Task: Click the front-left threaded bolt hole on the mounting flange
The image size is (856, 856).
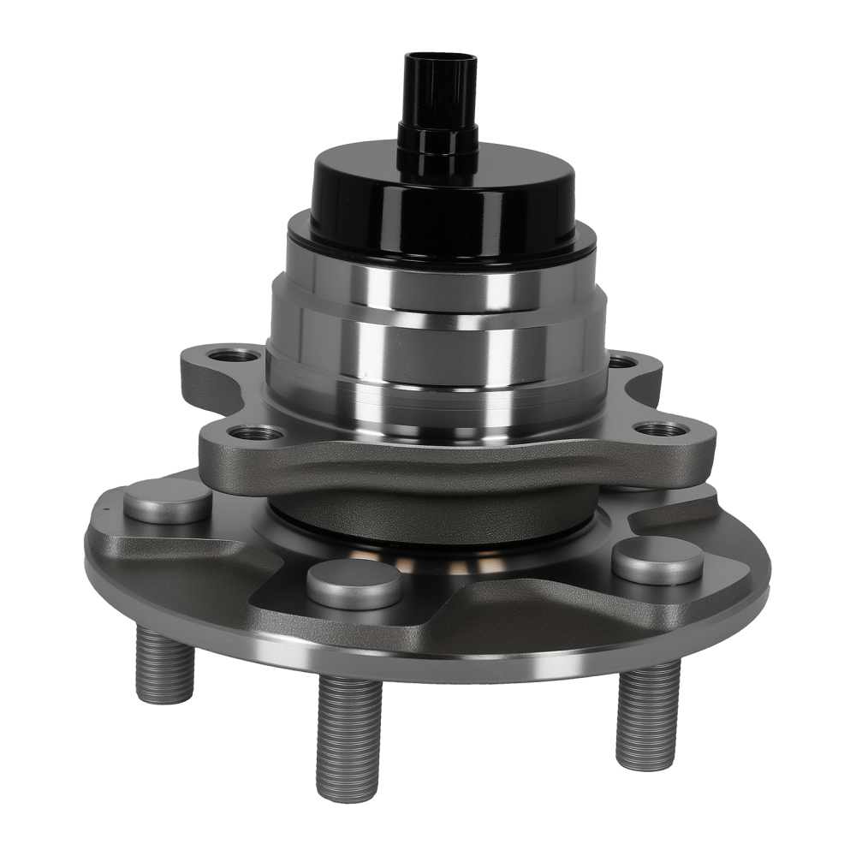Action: [x=253, y=433]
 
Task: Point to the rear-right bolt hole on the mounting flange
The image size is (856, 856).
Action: [x=623, y=361]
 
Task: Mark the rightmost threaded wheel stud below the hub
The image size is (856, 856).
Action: [x=648, y=715]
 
